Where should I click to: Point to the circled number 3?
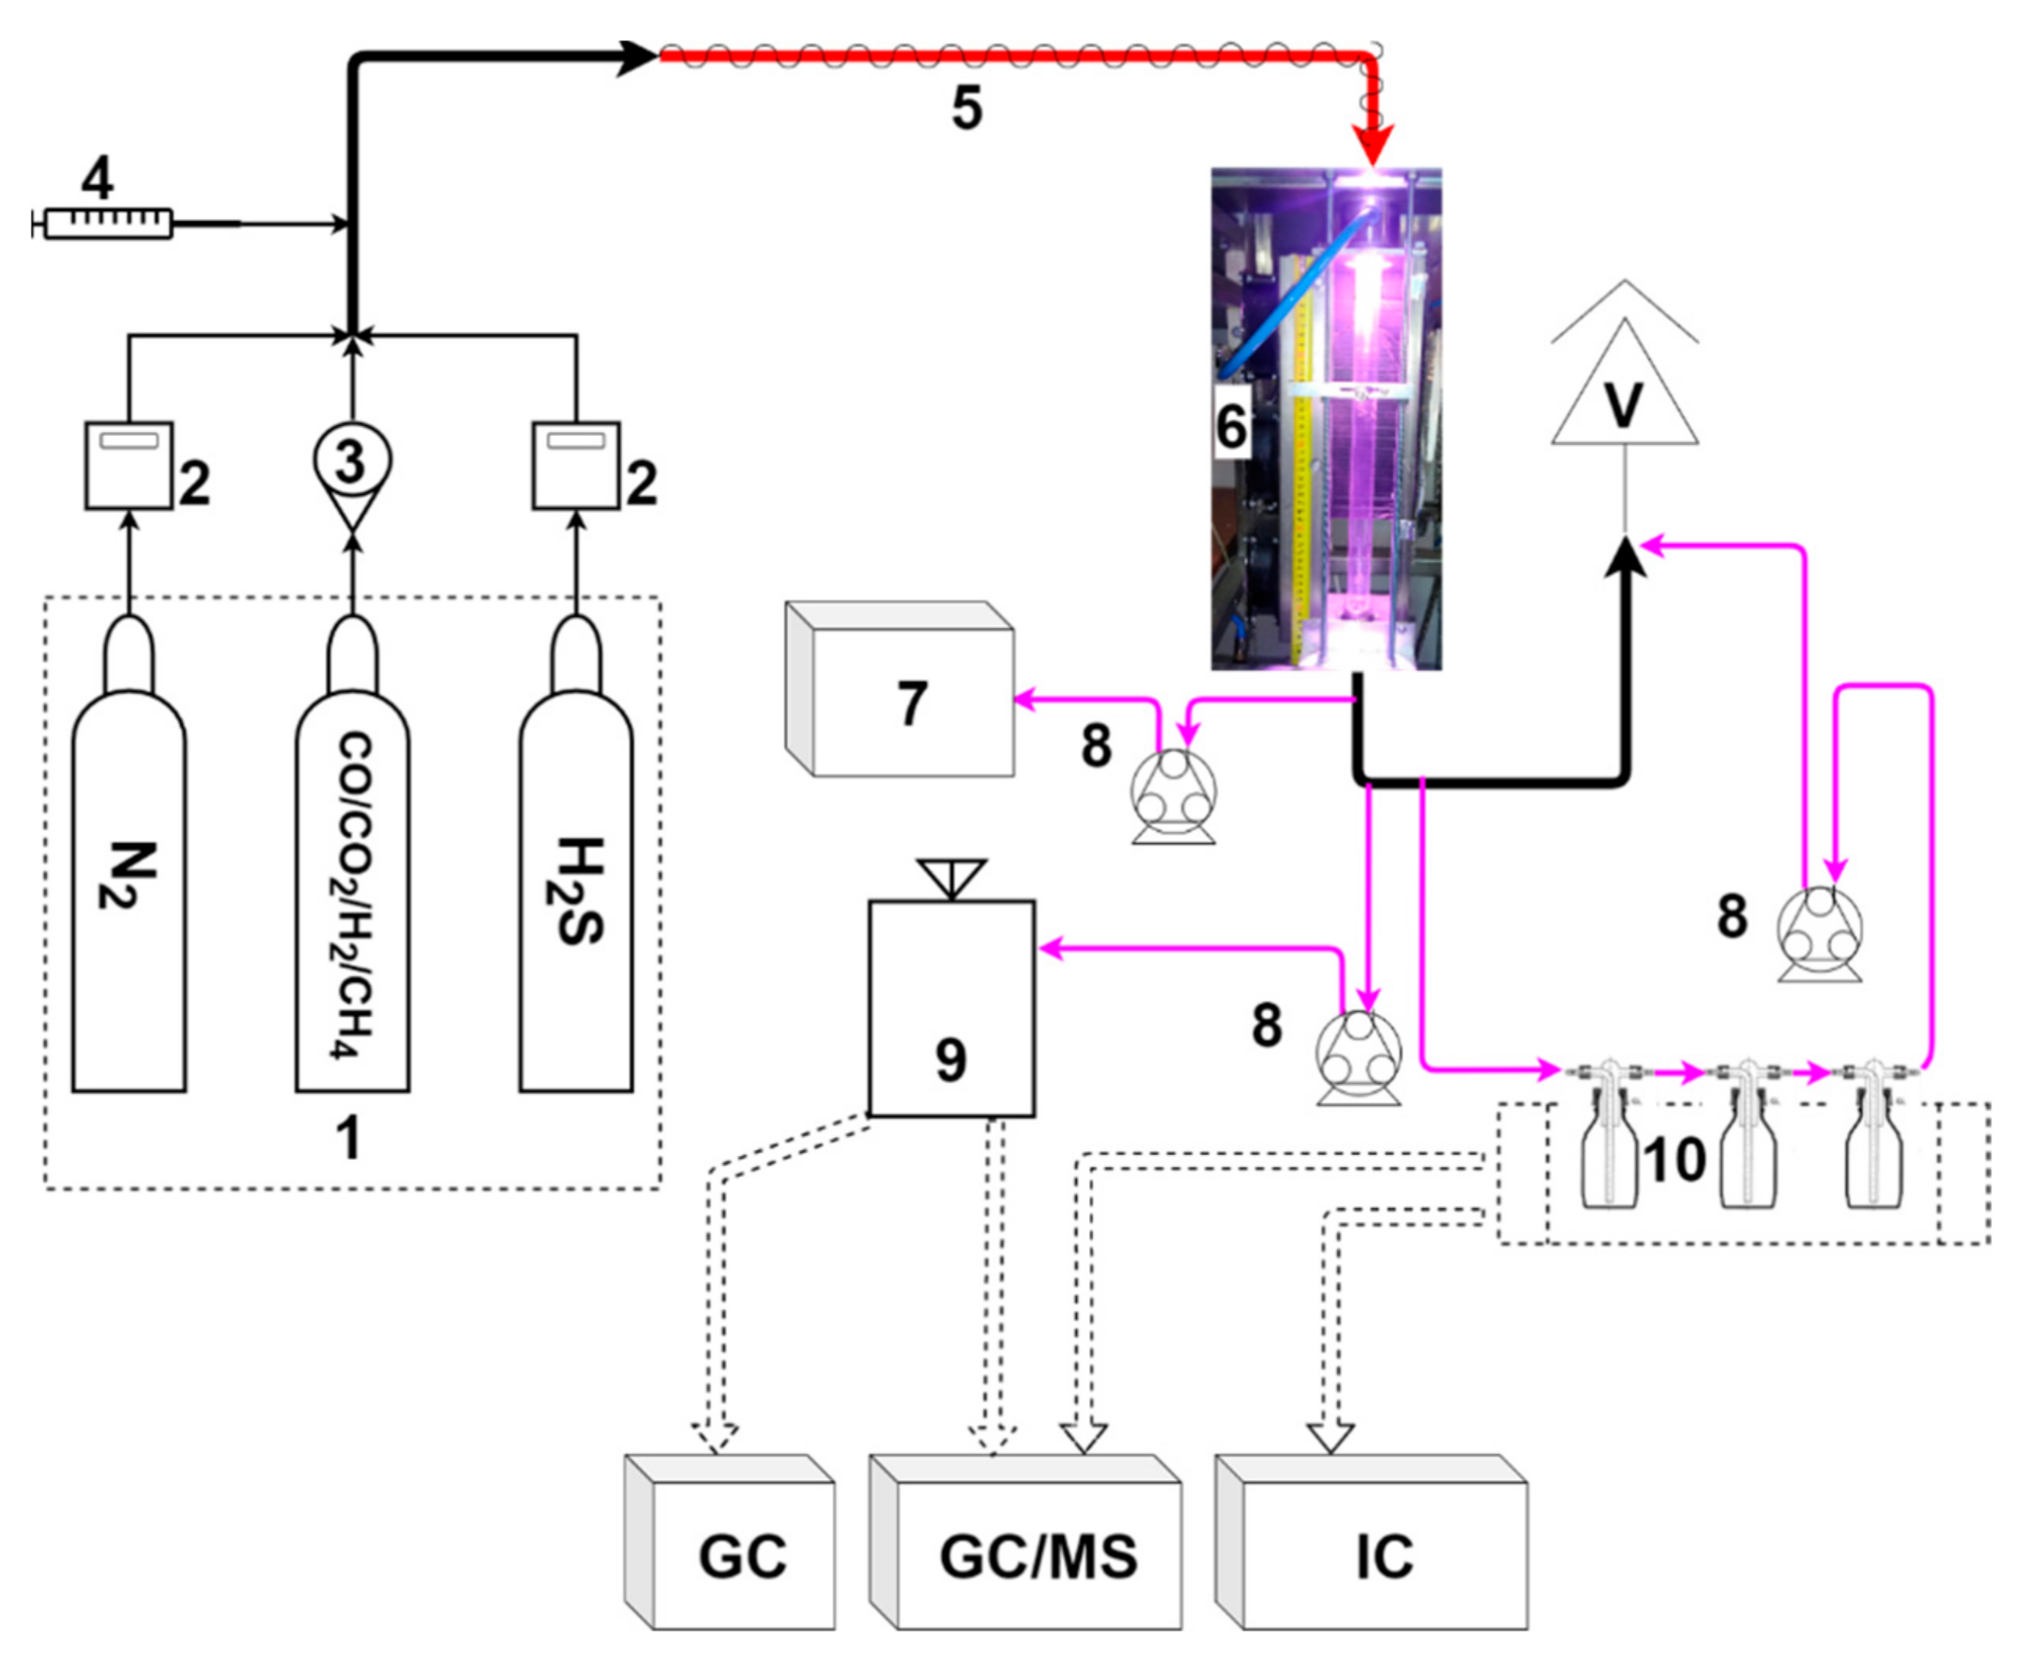[352, 462]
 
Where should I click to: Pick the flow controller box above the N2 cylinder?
[129, 466]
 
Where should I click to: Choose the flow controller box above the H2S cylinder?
[576, 466]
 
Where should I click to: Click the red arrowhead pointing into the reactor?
[1374, 152]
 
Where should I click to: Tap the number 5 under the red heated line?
[966, 110]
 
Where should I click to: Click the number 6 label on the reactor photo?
[1231, 426]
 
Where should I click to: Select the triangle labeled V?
[1624, 382]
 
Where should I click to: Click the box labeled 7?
[899, 689]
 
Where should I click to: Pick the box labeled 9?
[951, 1007]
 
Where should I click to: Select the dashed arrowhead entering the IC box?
[1331, 1439]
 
